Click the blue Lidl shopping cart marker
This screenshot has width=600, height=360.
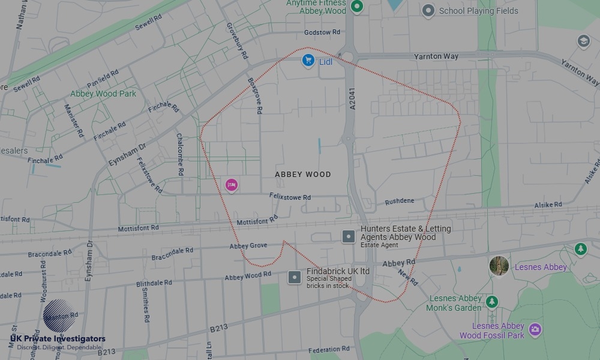pos(308,60)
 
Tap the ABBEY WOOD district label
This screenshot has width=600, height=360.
pos(303,175)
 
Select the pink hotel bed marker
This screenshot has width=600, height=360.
pos(232,185)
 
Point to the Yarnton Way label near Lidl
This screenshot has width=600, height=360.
pos(436,56)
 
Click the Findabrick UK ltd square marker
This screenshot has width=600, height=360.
pos(295,277)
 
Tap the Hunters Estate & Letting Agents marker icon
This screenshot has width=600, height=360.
pos(349,236)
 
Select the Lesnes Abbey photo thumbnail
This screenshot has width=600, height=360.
pos(499,266)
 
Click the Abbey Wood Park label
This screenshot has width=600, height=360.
pos(103,94)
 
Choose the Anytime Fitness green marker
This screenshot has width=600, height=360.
pos(358,7)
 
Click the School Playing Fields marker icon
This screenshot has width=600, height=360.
pos(428,10)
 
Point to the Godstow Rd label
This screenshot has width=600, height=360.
pos(322,32)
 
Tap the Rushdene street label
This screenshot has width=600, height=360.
pos(400,201)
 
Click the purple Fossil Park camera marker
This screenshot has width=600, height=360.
pos(535,329)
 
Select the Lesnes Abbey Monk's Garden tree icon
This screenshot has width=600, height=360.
pos(492,301)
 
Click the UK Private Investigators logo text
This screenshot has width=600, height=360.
pos(58,339)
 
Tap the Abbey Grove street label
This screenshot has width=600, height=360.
pos(248,246)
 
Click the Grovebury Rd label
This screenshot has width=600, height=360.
pos(237,40)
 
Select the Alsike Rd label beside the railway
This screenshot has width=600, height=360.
pos(548,205)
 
